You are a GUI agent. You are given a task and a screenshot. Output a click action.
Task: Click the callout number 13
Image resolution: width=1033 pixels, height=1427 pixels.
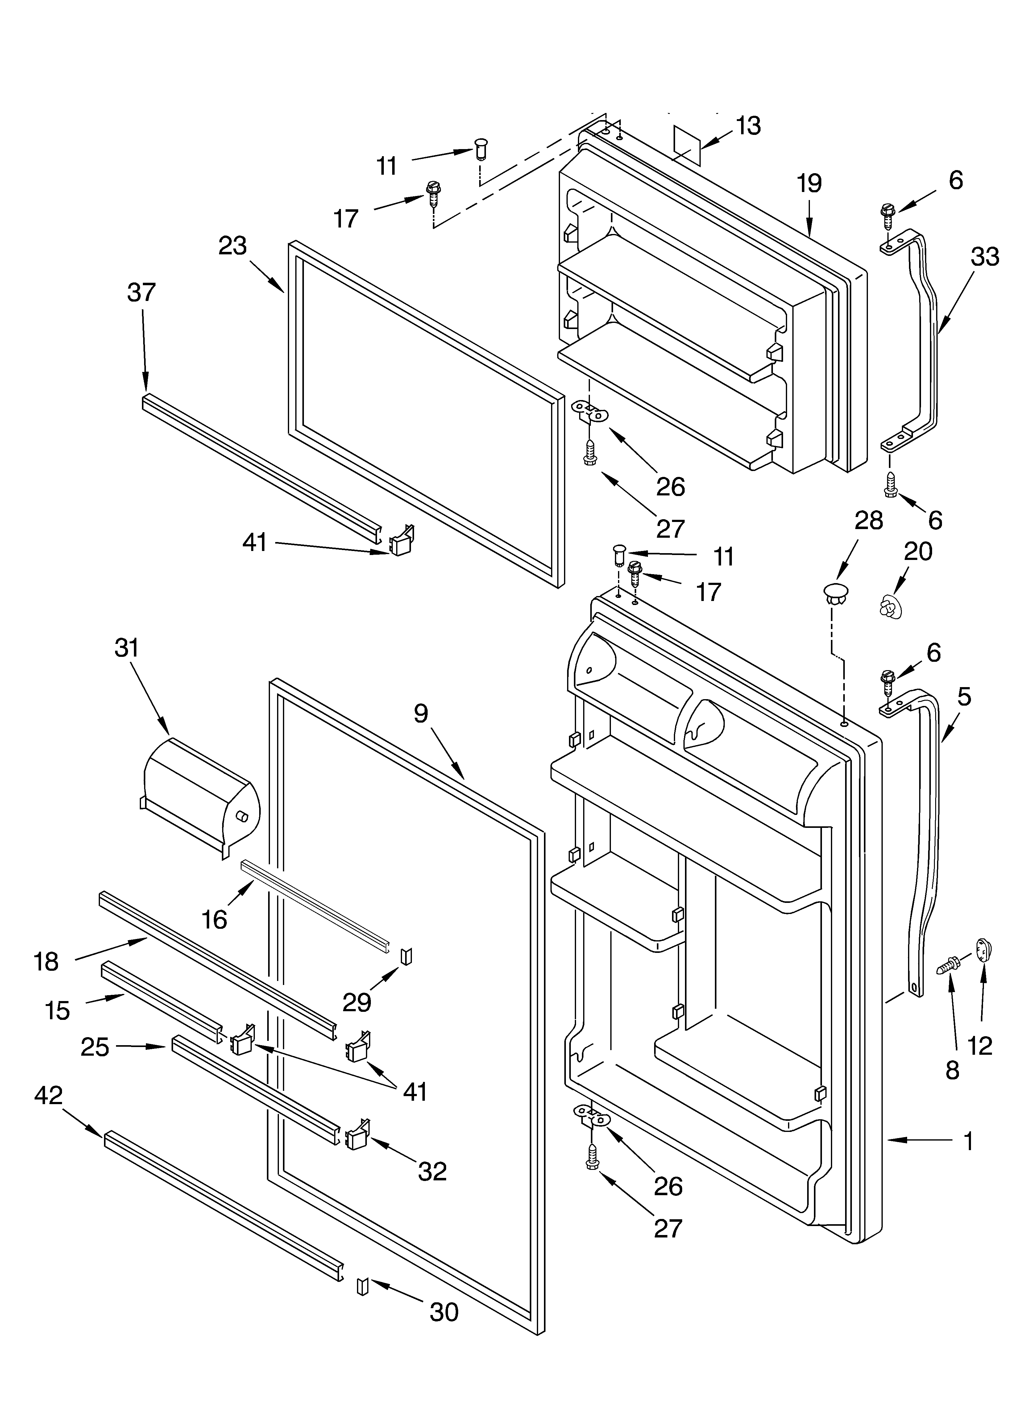(748, 126)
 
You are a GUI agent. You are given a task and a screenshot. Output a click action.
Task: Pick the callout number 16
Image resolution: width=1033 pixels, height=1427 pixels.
(214, 920)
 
